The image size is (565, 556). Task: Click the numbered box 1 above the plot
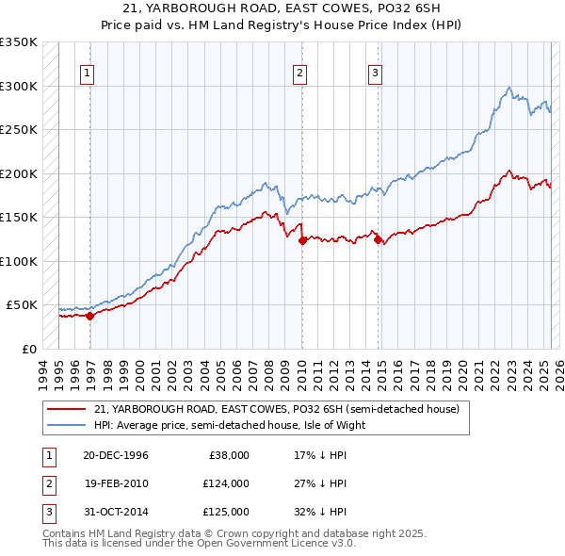point(87,74)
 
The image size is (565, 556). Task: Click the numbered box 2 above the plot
point(299,74)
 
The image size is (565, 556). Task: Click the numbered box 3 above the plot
point(375,74)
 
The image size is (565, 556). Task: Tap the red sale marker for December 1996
point(90,317)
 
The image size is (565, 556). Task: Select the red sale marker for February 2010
point(302,241)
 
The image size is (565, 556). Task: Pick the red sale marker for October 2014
point(378,240)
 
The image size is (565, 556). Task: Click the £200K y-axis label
point(19,173)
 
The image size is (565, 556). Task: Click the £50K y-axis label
point(22,305)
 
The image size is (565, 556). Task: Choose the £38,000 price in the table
point(229,455)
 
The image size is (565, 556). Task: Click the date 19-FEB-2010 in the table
point(116,483)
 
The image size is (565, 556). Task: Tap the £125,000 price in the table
point(226,512)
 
